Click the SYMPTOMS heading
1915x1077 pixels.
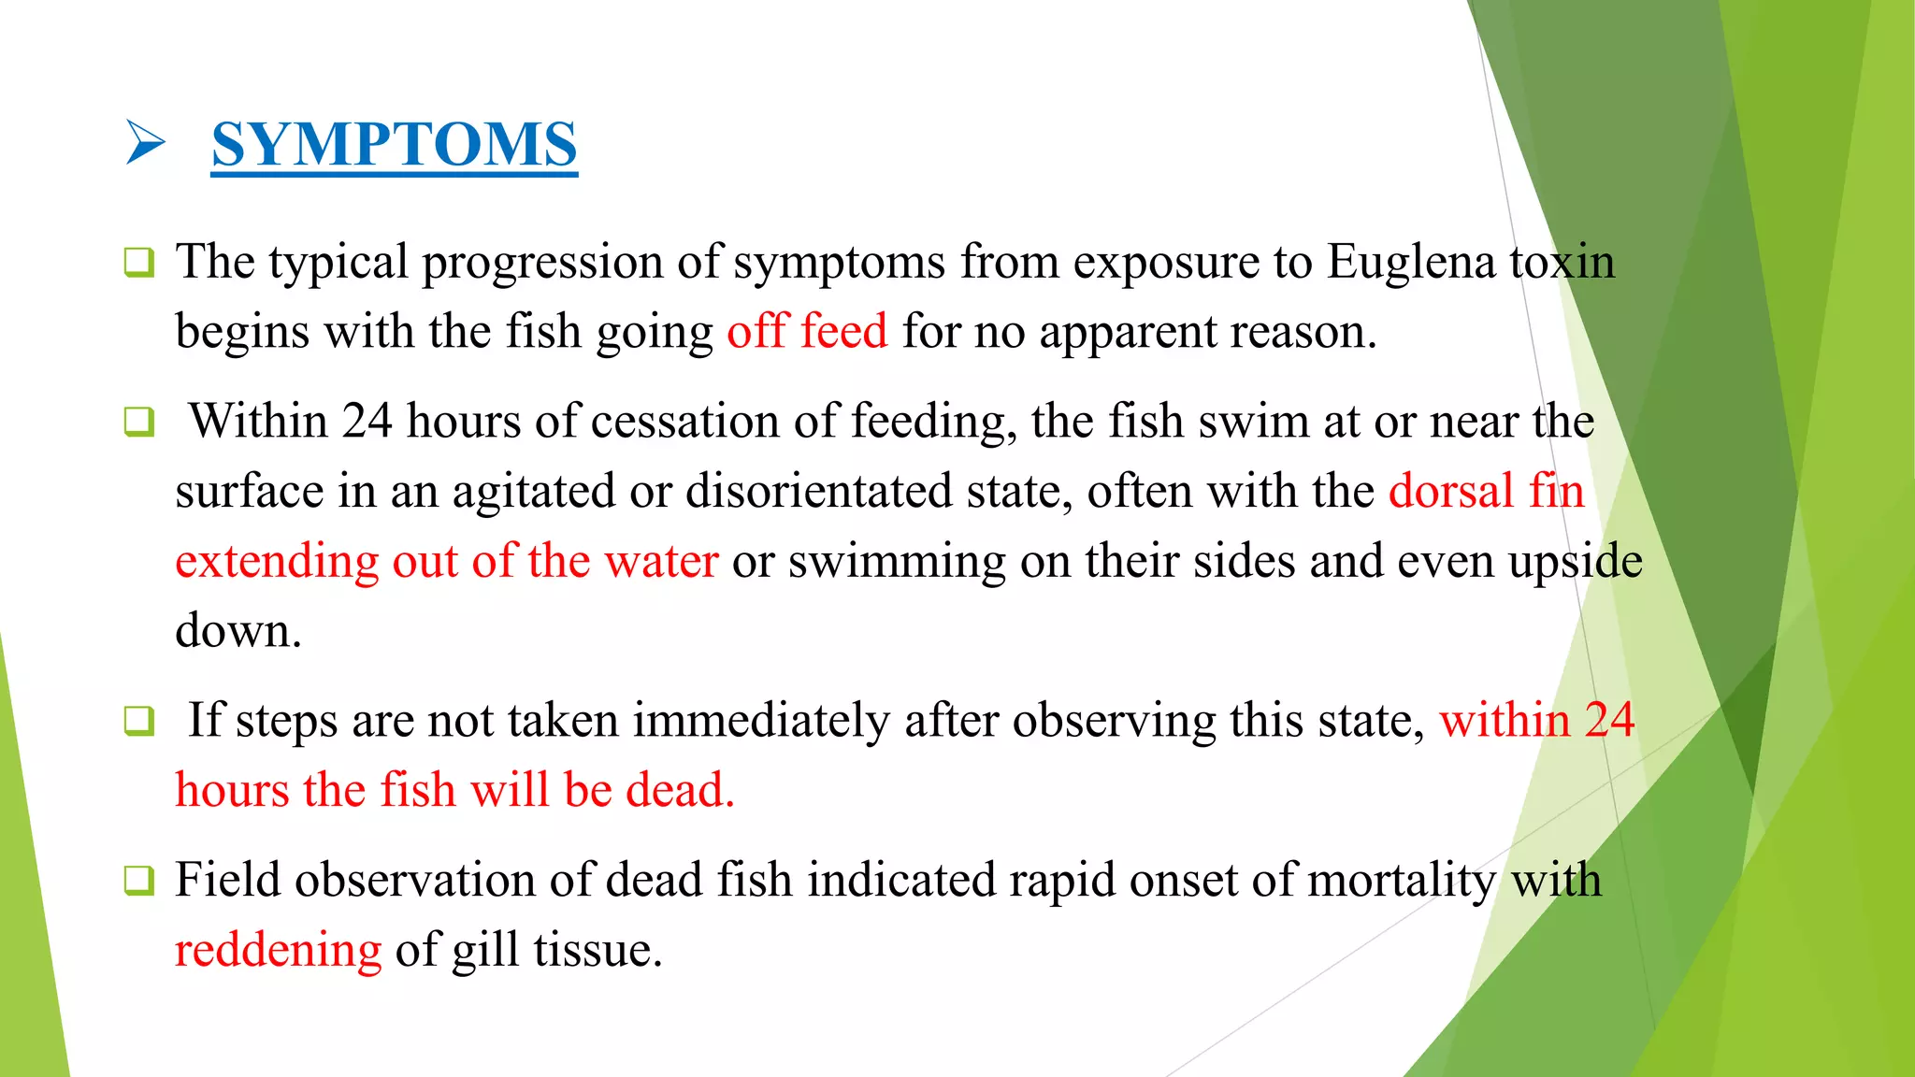394,144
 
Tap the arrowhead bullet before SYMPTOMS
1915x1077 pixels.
145,143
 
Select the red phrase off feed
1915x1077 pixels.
807,332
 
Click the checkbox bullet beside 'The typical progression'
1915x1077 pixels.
139,263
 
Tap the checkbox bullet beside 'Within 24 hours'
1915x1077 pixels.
139,423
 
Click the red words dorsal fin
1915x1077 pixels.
1487,492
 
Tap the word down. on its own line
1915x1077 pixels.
238,632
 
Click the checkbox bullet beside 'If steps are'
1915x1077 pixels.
139,722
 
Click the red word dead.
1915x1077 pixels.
680,791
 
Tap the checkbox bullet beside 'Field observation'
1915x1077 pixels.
139,881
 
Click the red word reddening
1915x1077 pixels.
279,951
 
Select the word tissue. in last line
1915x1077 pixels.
598,951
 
